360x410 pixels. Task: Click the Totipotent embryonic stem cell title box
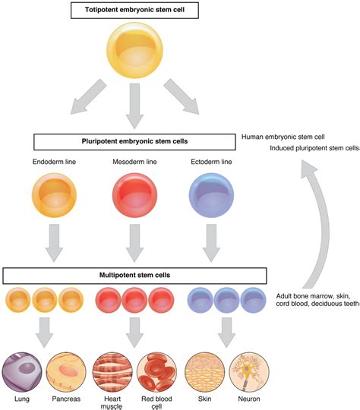(x=134, y=11)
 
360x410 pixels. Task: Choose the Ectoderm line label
(x=209, y=162)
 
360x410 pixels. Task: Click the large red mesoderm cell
(x=134, y=197)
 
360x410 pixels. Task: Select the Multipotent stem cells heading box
(x=134, y=274)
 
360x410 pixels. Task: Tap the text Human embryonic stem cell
(x=283, y=137)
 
